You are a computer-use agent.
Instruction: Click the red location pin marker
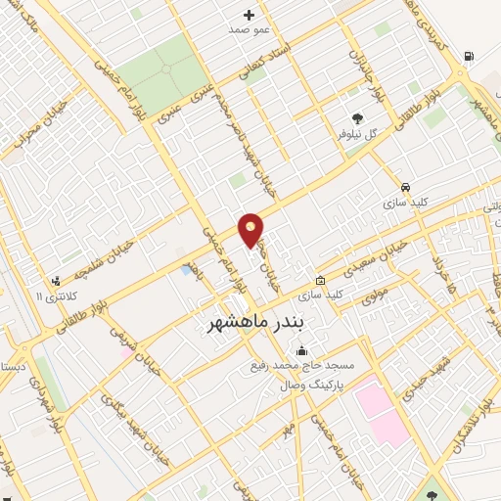click(251, 229)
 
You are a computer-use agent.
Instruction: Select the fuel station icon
click(471, 57)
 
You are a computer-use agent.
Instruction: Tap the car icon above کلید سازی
click(405, 187)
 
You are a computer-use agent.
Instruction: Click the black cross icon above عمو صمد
click(250, 15)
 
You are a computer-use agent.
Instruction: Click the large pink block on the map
click(380, 411)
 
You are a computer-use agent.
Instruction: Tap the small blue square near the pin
click(186, 269)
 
